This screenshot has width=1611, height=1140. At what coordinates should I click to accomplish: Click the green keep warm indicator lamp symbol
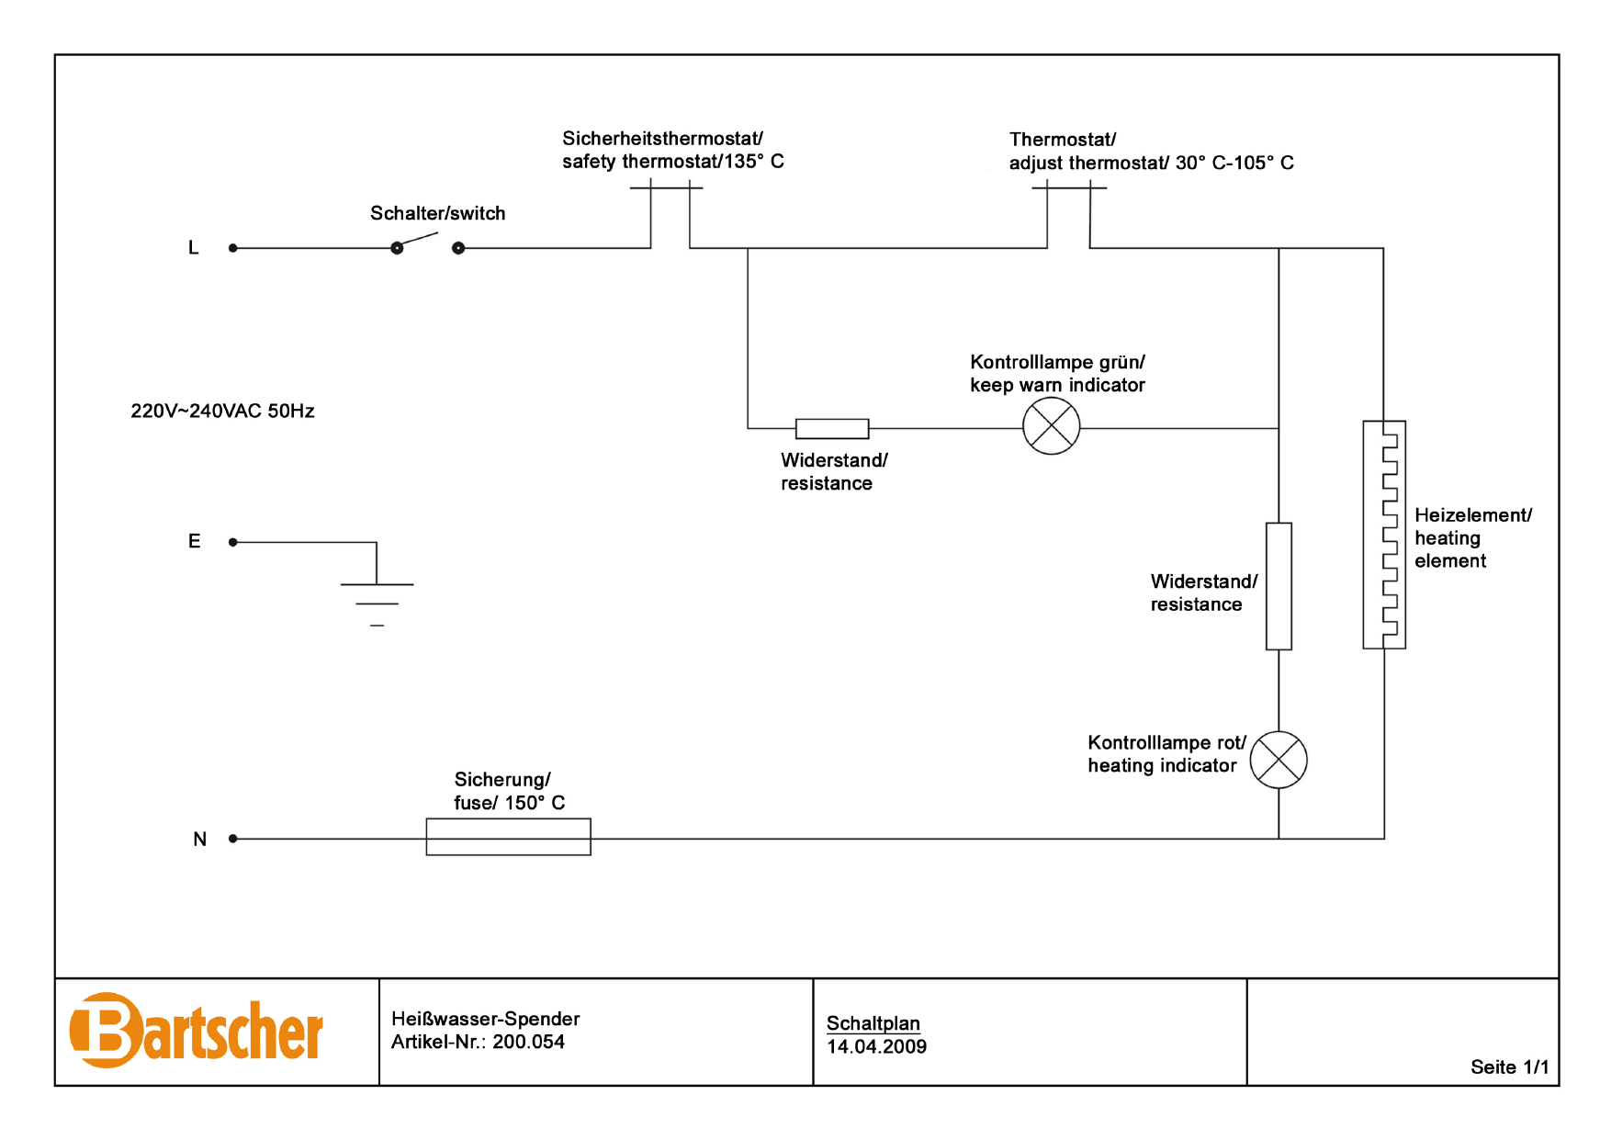tap(1051, 426)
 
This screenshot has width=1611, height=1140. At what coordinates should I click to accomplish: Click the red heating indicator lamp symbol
tap(1279, 760)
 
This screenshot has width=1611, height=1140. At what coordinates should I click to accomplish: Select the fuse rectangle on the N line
tap(508, 837)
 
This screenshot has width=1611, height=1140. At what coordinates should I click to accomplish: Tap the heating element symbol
tap(1384, 535)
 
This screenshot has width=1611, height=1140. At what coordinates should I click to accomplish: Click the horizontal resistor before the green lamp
tap(832, 428)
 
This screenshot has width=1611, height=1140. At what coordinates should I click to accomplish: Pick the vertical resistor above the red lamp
tap(1279, 586)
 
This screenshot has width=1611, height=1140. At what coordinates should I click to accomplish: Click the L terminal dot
tap(233, 248)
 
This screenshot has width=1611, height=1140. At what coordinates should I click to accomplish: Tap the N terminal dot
tap(233, 839)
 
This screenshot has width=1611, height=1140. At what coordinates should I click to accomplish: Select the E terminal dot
tap(233, 542)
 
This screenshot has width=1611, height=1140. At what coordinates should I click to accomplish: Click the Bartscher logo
tap(197, 1031)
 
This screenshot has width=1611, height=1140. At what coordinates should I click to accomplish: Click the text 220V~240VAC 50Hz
tap(222, 411)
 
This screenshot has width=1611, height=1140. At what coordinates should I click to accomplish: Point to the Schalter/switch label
tap(437, 213)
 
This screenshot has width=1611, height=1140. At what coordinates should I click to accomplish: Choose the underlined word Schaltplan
tap(873, 1023)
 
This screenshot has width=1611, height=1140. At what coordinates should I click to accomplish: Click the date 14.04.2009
tap(876, 1046)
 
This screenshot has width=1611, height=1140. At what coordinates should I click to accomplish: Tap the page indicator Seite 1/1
tap(1509, 1067)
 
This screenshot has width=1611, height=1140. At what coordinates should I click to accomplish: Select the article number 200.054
tap(528, 1042)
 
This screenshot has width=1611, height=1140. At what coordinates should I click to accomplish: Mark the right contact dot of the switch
tap(458, 248)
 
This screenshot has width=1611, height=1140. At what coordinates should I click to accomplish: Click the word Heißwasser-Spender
tap(485, 1019)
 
